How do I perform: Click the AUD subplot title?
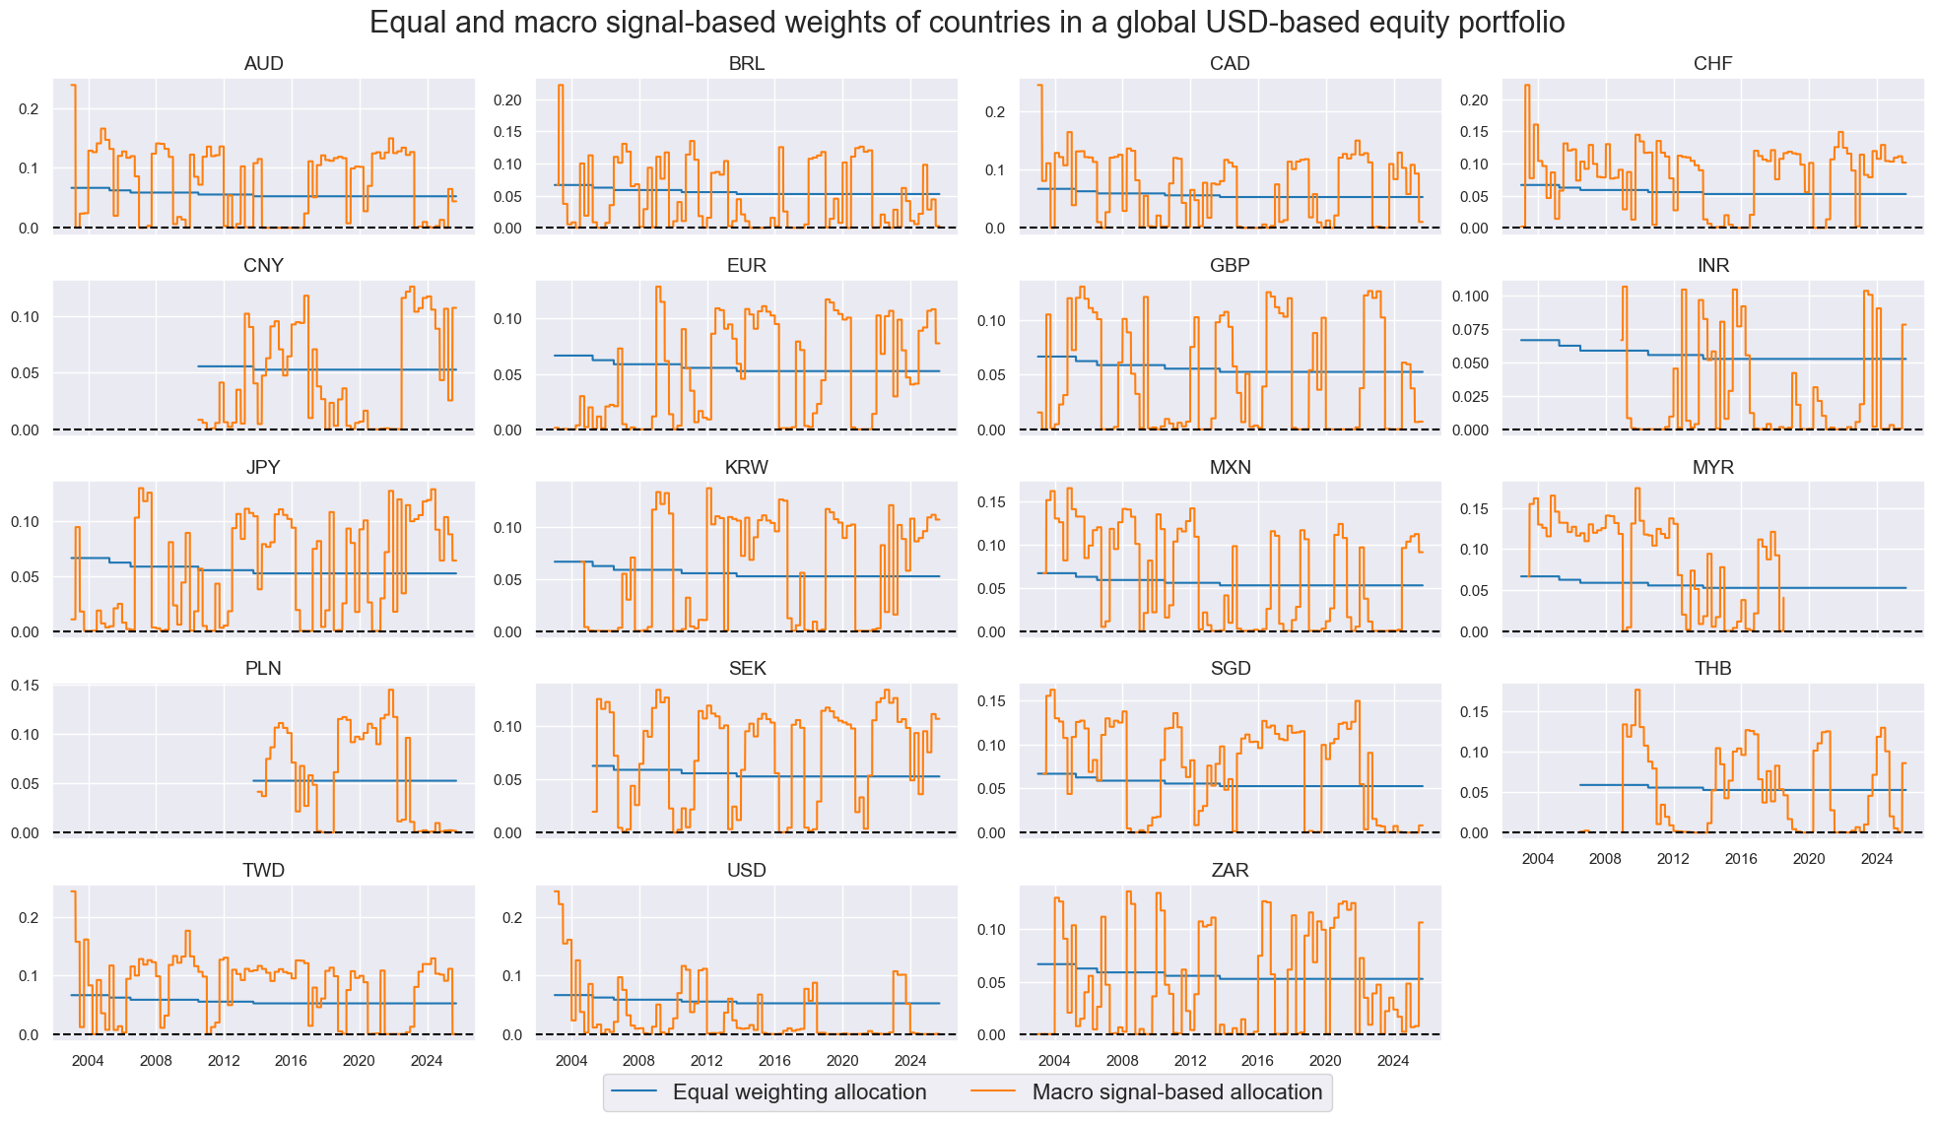263,64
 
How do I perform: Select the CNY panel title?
263,266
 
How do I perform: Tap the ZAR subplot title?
1230,871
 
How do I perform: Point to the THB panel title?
1712,669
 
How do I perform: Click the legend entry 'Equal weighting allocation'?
799,1092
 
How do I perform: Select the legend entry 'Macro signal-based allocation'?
1176,1092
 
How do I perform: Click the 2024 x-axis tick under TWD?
427,1061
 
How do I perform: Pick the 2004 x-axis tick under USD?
571,1061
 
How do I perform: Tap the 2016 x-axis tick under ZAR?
1257,1061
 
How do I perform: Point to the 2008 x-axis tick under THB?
1605,859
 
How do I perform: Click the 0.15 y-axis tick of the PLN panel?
26,686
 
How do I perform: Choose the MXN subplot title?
1230,468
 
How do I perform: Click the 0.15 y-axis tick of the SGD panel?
991,701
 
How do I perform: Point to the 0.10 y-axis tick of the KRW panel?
508,528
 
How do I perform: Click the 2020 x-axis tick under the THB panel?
1808,859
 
